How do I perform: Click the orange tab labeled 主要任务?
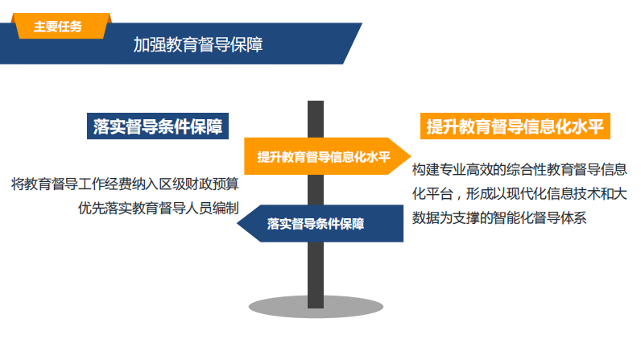pyautogui.click(x=61, y=26)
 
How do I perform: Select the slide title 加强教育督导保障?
pyautogui.click(x=198, y=44)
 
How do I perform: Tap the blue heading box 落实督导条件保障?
pyautogui.click(x=157, y=126)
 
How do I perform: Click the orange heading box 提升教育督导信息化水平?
pyautogui.click(x=515, y=126)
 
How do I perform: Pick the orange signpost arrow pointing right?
pyautogui.click(x=327, y=156)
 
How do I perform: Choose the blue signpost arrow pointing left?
pyautogui.click(x=320, y=224)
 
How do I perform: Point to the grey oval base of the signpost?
pyautogui.click(x=316, y=307)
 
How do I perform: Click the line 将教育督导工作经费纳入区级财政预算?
pyautogui.click(x=125, y=184)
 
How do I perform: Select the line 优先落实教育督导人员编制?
pyautogui.click(x=159, y=208)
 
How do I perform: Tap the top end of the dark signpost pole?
pyautogui.click(x=316, y=101)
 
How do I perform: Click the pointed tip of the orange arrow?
pyautogui.click(x=411, y=156)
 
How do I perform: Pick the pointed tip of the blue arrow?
pyautogui.click(x=238, y=224)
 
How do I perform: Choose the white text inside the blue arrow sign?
pyautogui.click(x=316, y=224)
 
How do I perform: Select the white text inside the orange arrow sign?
pyautogui.click(x=324, y=156)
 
